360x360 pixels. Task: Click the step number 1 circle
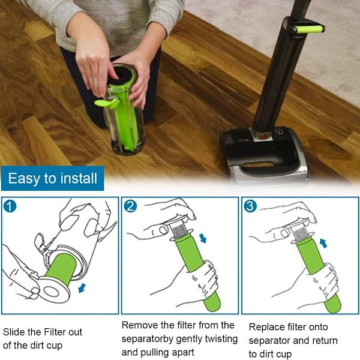pyautogui.click(x=10, y=206)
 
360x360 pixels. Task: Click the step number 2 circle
pyautogui.click(x=130, y=206)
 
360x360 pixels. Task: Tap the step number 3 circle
pyautogui.click(x=250, y=206)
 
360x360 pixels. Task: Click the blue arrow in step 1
pyautogui.click(x=82, y=288)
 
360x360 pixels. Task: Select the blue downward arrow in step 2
pyautogui.click(x=203, y=238)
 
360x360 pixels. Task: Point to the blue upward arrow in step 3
pyautogui.click(x=323, y=243)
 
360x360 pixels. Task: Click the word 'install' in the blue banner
pyautogui.click(x=79, y=178)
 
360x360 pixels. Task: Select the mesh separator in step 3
pyautogui.click(x=301, y=233)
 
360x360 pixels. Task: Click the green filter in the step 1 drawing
pyautogui.click(x=61, y=268)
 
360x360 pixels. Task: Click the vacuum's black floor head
pyautogui.click(x=265, y=154)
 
